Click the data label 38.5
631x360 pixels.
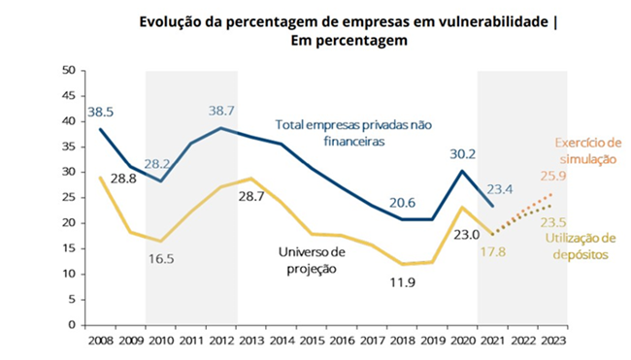[101, 112]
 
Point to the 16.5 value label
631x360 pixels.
[162, 259]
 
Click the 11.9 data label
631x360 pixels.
[401, 284]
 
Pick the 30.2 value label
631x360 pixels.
[464, 153]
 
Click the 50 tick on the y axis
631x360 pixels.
[68, 71]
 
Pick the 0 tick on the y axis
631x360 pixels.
[72, 324]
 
